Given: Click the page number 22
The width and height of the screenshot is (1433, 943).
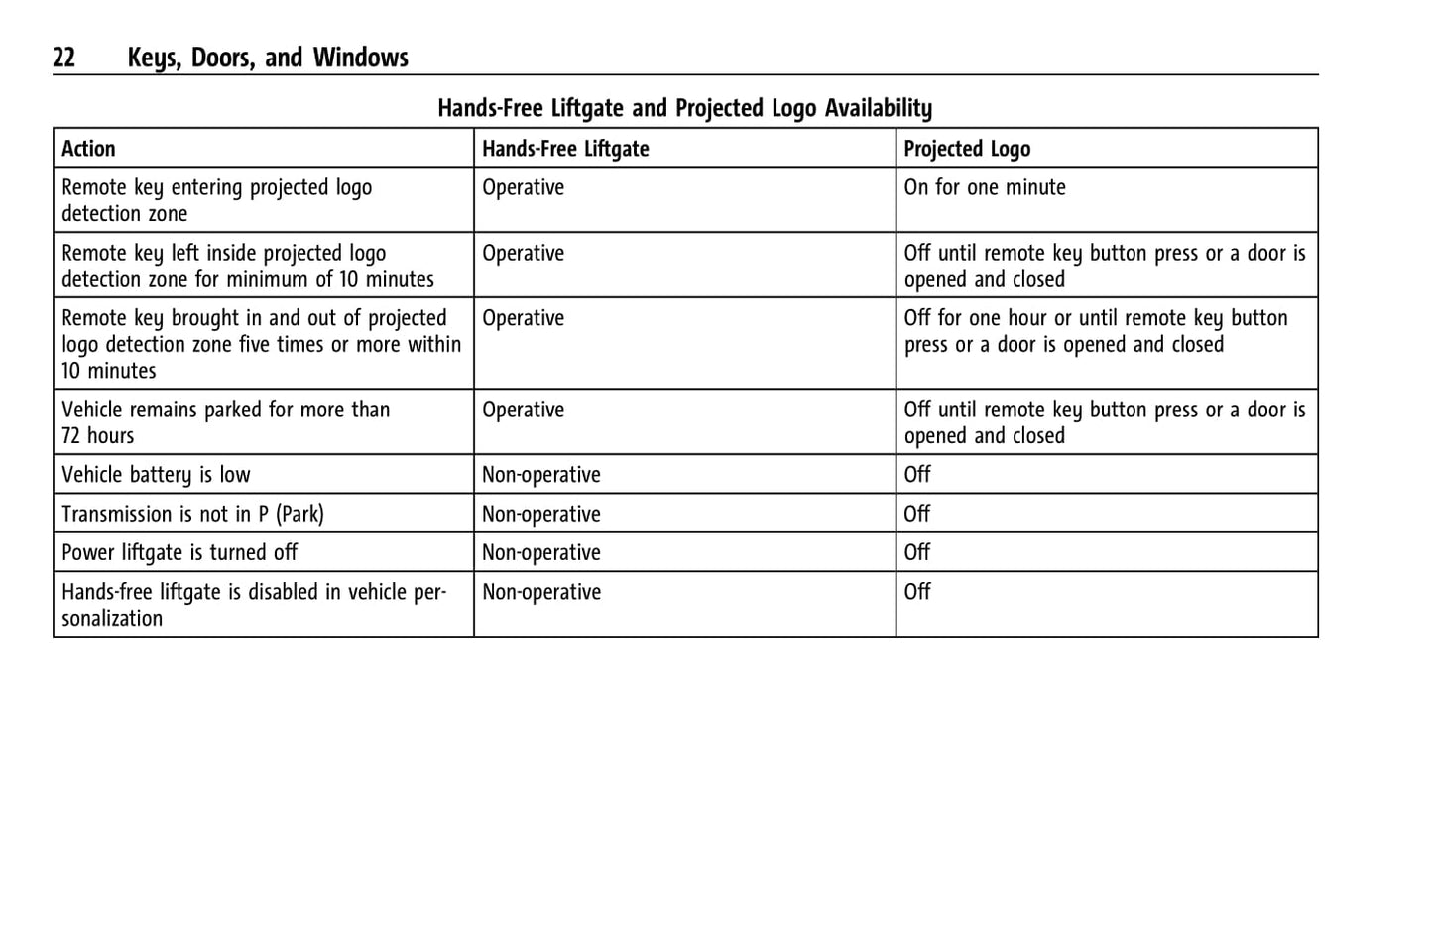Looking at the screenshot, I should (x=63, y=58).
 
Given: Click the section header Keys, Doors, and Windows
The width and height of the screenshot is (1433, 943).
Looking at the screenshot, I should (x=268, y=58).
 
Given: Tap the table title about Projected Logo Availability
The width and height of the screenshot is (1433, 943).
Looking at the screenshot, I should (x=684, y=107).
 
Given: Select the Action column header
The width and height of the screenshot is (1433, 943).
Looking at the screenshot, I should (x=88, y=149).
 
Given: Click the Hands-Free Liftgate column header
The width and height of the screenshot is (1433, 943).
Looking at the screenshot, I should (x=565, y=149).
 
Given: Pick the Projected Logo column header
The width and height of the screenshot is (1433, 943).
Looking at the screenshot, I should (x=967, y=149).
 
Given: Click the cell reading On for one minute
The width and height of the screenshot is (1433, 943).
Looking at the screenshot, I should (x=985, y=187).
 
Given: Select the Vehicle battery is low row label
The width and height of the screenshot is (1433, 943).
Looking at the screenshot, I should (x=156, y=475).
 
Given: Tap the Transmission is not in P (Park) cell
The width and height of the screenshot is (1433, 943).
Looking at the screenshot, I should (x=192, y=514).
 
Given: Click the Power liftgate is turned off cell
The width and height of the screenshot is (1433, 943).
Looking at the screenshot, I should (x=179, y=552).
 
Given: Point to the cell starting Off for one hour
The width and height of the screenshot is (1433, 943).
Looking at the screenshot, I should (x=1096, y=331).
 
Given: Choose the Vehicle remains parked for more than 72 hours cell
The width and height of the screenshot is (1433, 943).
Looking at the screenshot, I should (x=225, y=422).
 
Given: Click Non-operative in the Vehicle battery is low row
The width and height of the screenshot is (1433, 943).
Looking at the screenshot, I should (x=541, y=475).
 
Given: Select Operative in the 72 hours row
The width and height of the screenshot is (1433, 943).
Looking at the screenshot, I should (x=523, y=410).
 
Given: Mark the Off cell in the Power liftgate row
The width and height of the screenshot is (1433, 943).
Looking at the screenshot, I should (x=917, y=552).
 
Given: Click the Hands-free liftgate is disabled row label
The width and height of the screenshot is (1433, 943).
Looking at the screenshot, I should (x=254, y=605).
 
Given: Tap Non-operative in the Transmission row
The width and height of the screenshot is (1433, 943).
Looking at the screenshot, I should (x=541, y=514).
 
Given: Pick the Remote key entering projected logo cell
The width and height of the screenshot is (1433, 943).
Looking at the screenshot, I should (x=216, y=200).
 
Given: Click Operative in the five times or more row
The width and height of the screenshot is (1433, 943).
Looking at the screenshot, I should (x=523, y=318).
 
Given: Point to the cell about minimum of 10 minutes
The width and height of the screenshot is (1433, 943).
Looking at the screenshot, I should (x=248, y=266).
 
